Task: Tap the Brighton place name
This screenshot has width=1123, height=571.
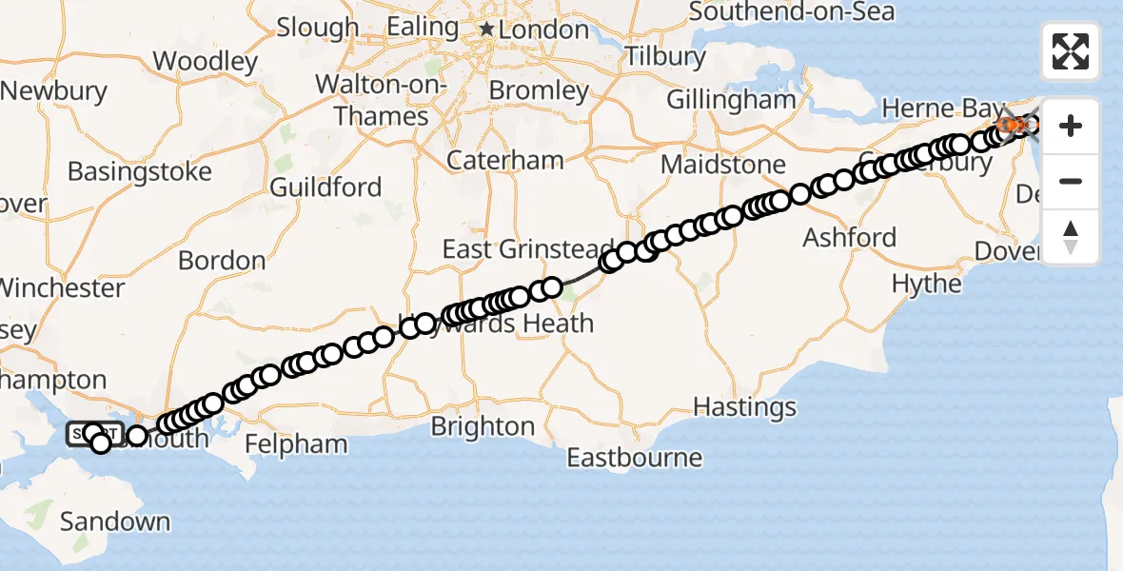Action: (483, 426)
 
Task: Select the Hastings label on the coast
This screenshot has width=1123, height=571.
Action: (744, 407)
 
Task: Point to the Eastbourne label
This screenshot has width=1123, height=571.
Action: (634, 458)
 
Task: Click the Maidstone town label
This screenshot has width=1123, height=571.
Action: (723, 165)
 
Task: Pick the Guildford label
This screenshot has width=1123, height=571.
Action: (325, 187)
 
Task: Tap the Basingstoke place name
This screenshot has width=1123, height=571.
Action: (139, 173)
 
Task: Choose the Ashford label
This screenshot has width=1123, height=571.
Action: (849, 237)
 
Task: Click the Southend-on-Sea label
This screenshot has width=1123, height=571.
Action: (791, 12)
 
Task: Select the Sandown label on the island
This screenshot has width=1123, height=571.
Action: (114, 522)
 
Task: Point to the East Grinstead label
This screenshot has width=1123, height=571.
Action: (528, 249)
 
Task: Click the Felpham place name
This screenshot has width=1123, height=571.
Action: (296, 443)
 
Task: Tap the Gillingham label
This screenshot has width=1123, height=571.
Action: (731, 100)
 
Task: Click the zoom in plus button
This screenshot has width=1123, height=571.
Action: (1071, 126)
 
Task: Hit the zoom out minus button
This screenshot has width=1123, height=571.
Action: (1071, 181)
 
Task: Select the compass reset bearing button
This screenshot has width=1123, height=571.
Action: (1071, 237)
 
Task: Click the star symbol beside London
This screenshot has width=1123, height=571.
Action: (487, 30)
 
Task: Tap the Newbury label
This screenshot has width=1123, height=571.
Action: (54, 91)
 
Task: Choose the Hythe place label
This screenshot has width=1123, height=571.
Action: (926, 284)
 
